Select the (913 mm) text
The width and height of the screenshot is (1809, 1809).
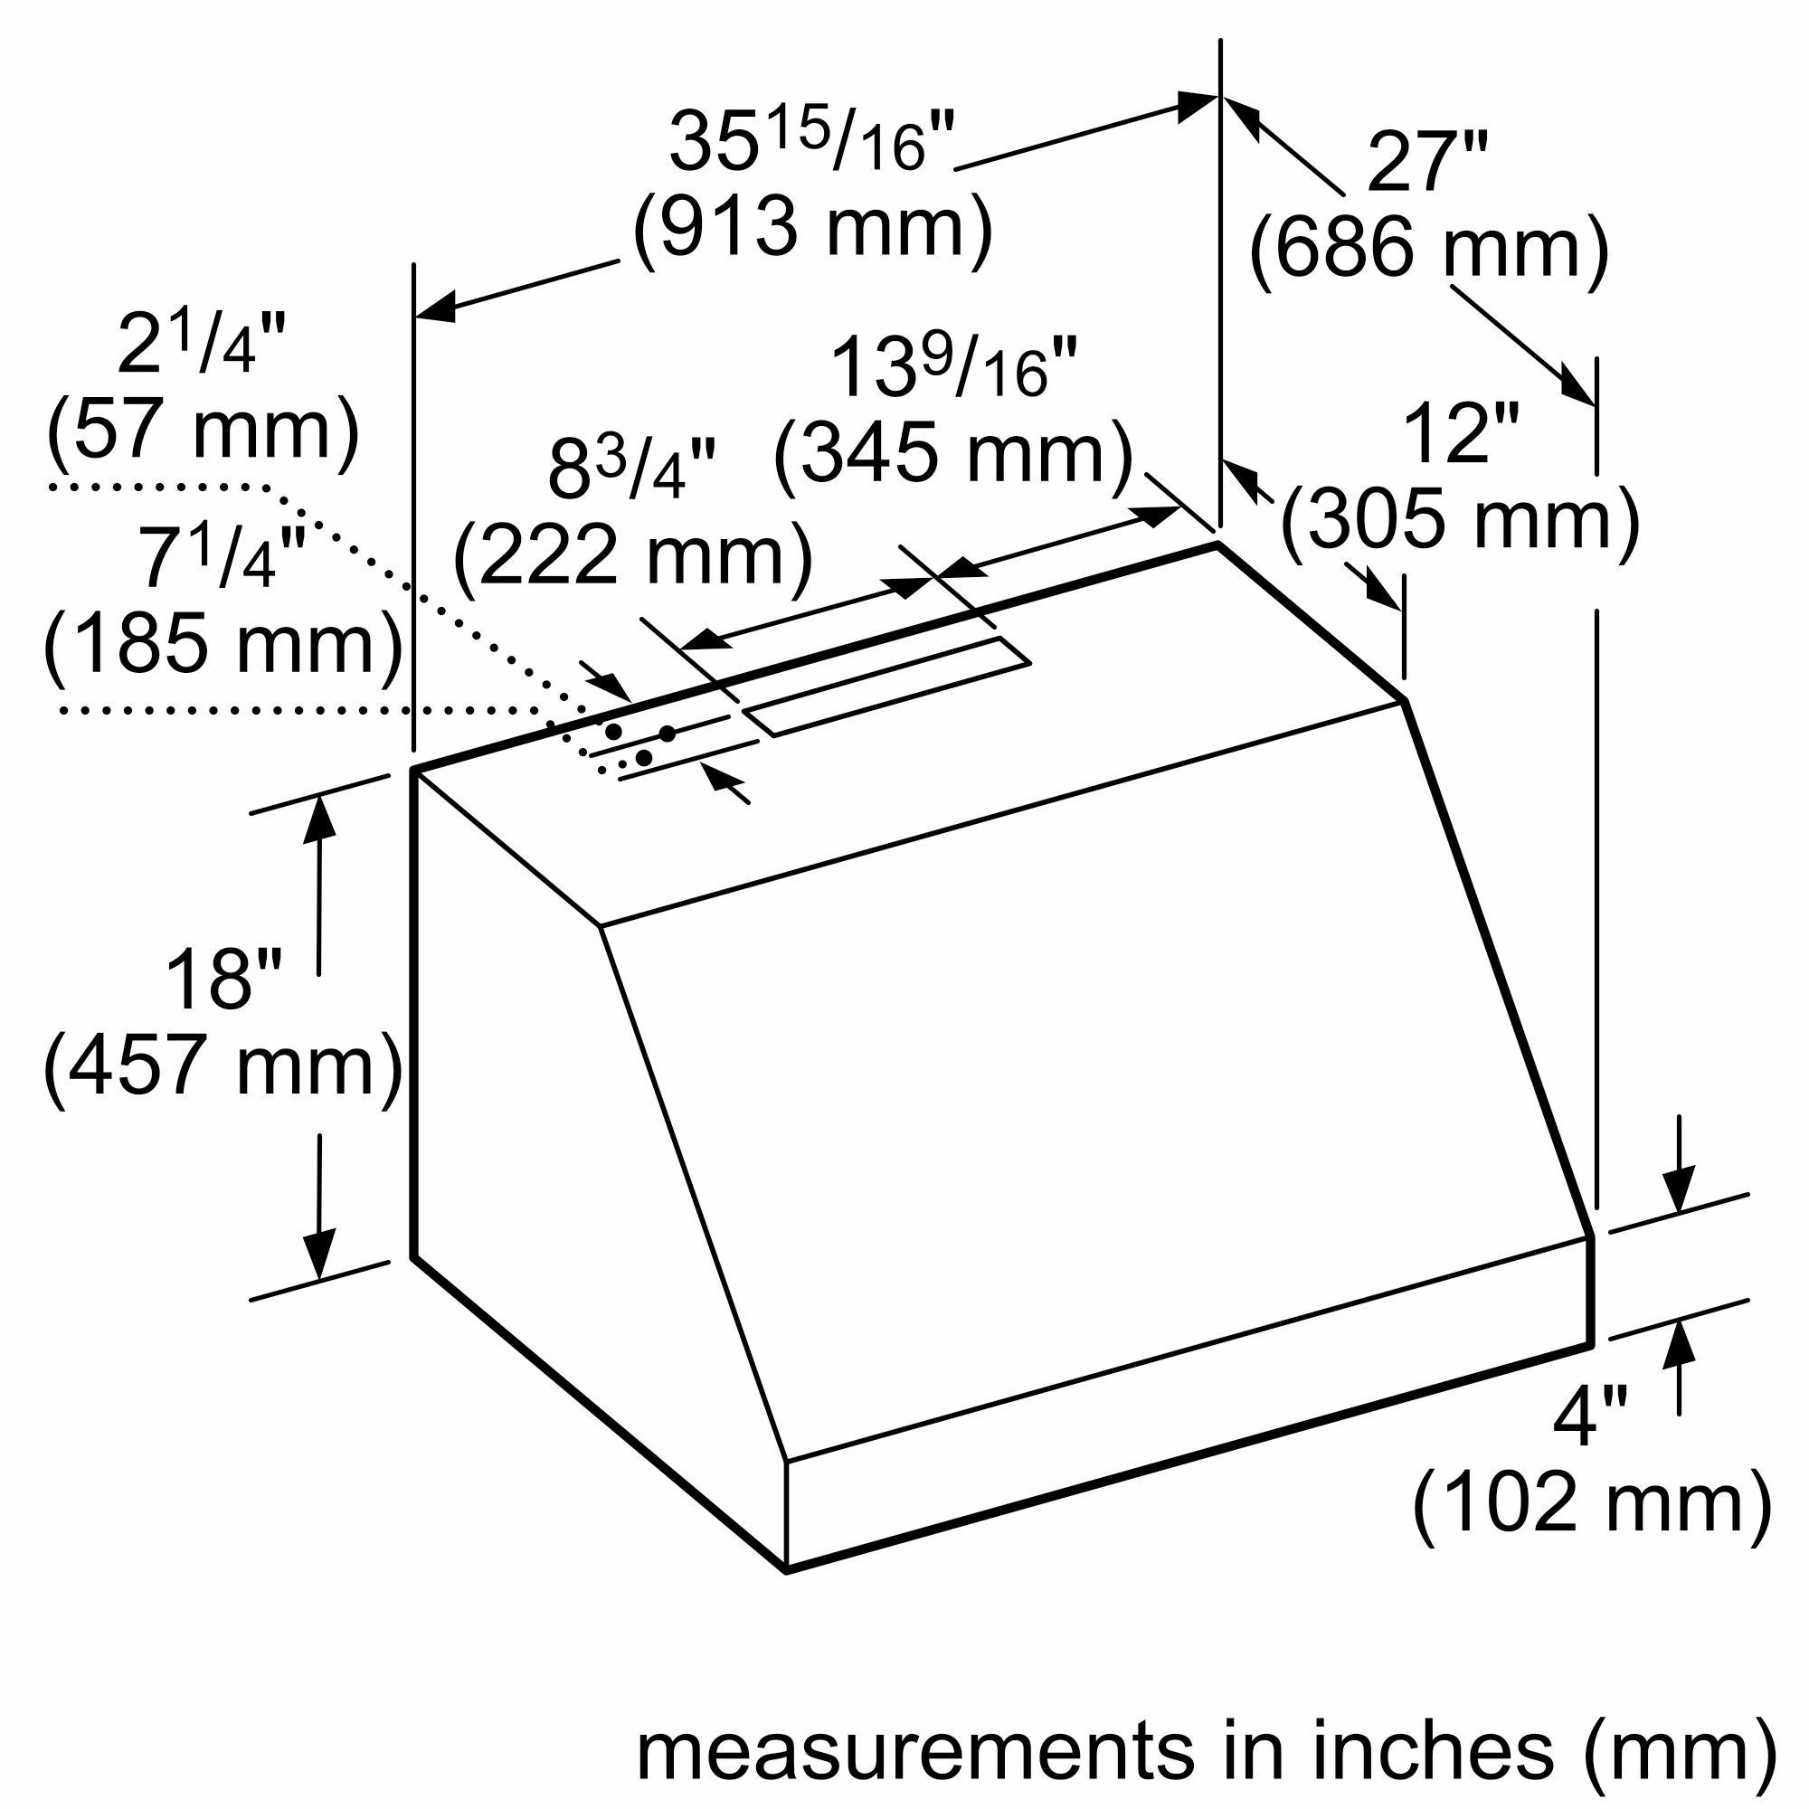coord(812,228)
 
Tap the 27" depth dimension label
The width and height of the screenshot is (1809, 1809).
coord(1428,162)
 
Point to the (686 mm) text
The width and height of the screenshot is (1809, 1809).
coord(1428,249)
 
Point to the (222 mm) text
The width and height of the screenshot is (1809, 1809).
coord(632,556)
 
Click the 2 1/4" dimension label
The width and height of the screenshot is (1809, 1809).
coord(203,344)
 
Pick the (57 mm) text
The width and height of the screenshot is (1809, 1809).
coord(203,430)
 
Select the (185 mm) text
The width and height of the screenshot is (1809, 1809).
coord(223,642)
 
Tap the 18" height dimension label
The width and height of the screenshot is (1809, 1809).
coord(223,980)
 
